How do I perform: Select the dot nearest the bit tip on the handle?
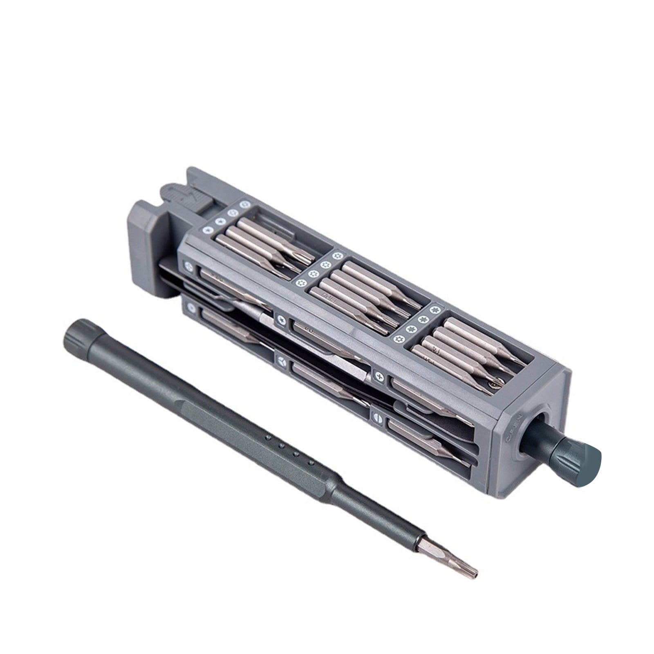coord(310,463)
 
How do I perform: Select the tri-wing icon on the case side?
coord(282,360)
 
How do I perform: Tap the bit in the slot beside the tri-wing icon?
coord(327,370)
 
